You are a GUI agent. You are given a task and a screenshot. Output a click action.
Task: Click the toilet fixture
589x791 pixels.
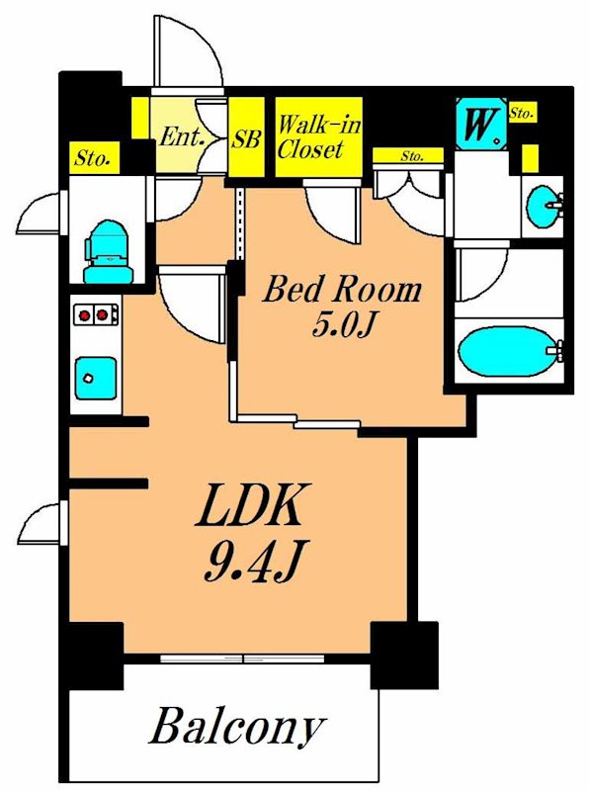pyautogui.click(x=108, y=252)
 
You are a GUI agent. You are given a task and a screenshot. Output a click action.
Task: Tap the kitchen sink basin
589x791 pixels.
pyautogui.click(x=96, y=378)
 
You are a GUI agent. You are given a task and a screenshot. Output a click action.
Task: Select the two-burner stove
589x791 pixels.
pyautogui.click(x=96, y=314)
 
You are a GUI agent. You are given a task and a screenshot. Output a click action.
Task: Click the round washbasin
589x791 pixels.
pyautogui.click(x=544, y=207)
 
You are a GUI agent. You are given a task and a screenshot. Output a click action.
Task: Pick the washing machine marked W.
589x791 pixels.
pyautogui.click(x=479, y=125)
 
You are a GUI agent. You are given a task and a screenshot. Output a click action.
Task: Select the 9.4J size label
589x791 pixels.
pyautogui.click(x=253, y=561)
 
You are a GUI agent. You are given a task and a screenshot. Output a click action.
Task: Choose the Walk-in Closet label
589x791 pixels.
pyautogui.click(x=318, y=136)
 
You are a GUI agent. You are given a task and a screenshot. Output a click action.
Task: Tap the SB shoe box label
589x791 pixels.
pyautogui.click(x=246, y=138)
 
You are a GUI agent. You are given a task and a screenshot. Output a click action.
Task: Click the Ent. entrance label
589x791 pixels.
pyautogui.click(x=181, y=136)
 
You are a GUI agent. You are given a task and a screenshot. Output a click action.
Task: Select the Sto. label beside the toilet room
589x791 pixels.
pyautogui.click(x=93, y=158)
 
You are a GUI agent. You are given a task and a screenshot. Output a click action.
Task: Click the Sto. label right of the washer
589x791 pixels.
pyautogui.click(x=521, y=113)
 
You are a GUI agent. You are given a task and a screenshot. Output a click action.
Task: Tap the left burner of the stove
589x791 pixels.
pyautogui.click(x=85, y=315)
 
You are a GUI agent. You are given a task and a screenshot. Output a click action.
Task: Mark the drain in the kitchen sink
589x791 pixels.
pyautogui.click(x=89, y=378)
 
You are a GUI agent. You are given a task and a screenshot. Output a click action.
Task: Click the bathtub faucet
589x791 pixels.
pyautogui.click(x=556, y=351)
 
